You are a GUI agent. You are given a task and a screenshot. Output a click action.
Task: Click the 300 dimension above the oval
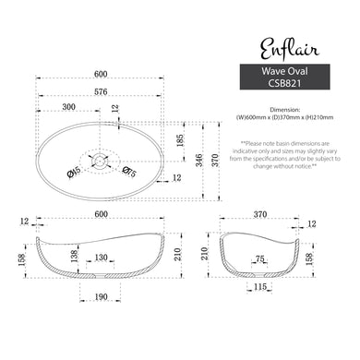pyautogui.click(x=67, y=108)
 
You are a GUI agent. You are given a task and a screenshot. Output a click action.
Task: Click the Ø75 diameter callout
pyautogui.click(x=130, y=172)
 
